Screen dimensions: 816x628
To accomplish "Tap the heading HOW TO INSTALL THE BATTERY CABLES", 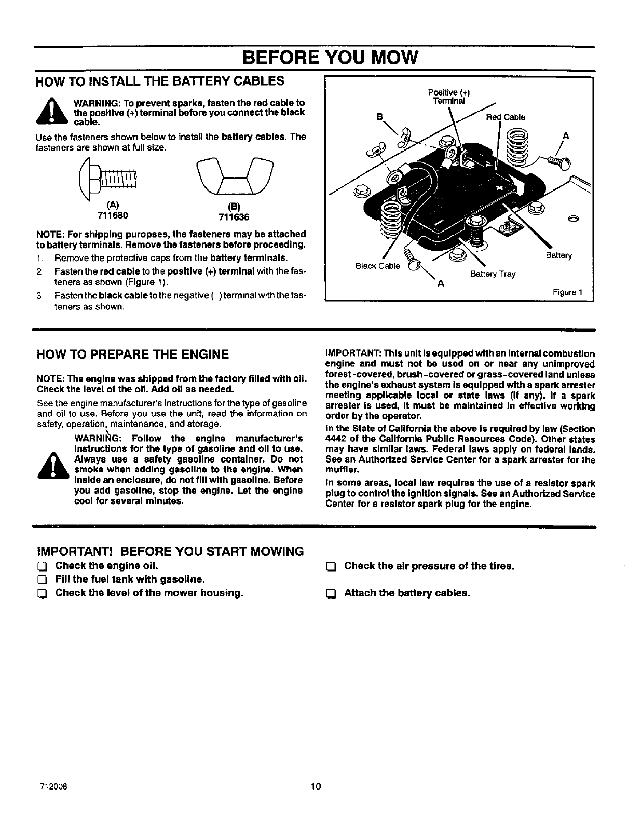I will pyautogui.click(x=160, y=81).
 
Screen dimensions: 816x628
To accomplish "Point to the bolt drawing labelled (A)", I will pyautogui.click(x=108, y=180).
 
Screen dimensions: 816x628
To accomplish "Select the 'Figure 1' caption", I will pyautogui.click(x=568, y=292).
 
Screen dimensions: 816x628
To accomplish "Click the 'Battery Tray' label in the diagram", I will pyautogui.click(x=493, y=274).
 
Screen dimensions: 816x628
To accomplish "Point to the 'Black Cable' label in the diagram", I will pyautogui.click(x=377, y=266).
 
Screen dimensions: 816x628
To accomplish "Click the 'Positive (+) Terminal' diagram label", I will pyautogui.click(x=449, y=97).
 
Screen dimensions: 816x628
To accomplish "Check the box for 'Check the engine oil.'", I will pyautogui.click(x=43, y=566).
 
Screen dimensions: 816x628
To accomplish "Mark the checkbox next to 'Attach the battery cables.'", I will pyautogui.click(x=331, y=593).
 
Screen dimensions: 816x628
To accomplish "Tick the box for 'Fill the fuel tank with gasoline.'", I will pyautogui.click(x=43, y=580).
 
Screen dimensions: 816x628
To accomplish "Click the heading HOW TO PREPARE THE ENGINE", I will pyautogui.click(x=132, y=355).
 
